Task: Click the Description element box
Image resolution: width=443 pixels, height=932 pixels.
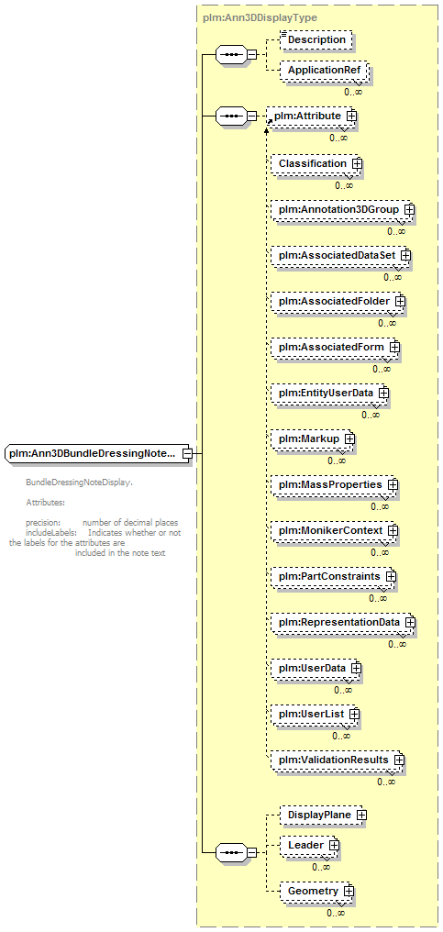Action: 316,39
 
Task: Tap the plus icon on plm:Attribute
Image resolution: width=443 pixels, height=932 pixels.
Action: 351,116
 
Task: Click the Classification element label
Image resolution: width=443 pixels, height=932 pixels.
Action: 313,163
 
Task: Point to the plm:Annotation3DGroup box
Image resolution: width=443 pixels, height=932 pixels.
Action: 342,210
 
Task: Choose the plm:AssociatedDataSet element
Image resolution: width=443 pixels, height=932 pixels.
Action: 340,255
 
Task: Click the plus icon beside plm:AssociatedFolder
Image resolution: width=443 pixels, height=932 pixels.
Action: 400,302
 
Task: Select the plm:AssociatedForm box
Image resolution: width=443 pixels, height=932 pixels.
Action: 335,347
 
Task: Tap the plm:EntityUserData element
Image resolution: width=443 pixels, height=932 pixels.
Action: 329,394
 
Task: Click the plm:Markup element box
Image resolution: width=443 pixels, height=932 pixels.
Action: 312,439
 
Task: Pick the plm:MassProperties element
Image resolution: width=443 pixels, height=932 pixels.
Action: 334,485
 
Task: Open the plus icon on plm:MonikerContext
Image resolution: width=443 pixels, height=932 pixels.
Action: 393,529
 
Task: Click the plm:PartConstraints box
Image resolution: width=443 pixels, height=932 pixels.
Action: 333,577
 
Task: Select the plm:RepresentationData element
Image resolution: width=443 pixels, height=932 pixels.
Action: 342,622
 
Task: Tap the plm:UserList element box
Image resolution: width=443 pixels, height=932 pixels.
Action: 316,714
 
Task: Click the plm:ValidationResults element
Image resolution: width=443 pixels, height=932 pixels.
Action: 338,760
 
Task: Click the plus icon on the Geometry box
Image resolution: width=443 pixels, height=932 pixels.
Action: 349,892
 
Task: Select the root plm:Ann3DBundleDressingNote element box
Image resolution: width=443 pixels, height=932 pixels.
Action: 97,453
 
